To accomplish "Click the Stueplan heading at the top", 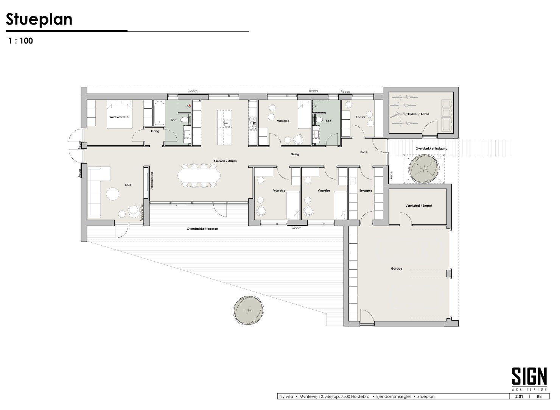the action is [39, 19].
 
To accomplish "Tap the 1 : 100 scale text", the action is [20, 41].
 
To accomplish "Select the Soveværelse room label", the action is [119, 117].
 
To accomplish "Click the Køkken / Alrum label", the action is [225, 161].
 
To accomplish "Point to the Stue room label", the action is [128, 185].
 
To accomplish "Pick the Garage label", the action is [397, 269].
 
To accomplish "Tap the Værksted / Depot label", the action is [418, 206].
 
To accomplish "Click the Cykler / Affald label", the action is [418, 114].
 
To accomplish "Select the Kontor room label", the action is [361, 117].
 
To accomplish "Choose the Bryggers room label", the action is [366, 191].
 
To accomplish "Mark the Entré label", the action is [364, 152].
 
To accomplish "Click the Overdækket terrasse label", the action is [202, 229].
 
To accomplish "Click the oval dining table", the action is [199, 176].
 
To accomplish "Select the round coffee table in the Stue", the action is [113, 194].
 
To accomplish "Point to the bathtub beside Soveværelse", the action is [159, 113].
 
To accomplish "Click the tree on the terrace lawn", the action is [248, 310].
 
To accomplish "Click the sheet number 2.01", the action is [519, 396].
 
